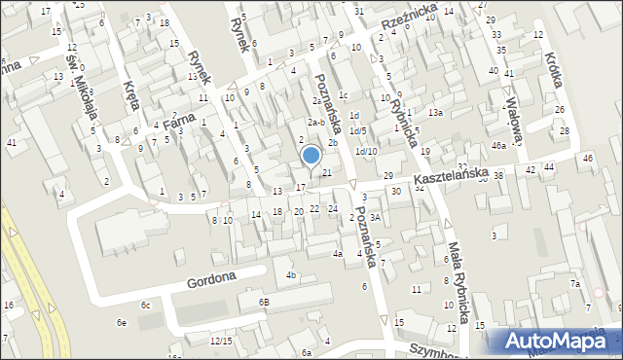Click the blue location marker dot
(311, 155)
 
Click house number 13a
(435, 113)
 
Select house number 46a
(498, 145)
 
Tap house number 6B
(263, 302)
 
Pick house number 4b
(290, 275)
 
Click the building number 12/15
(221, 341)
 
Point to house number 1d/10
(366, 151)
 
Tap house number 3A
(375, 218)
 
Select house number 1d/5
(357, 130)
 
